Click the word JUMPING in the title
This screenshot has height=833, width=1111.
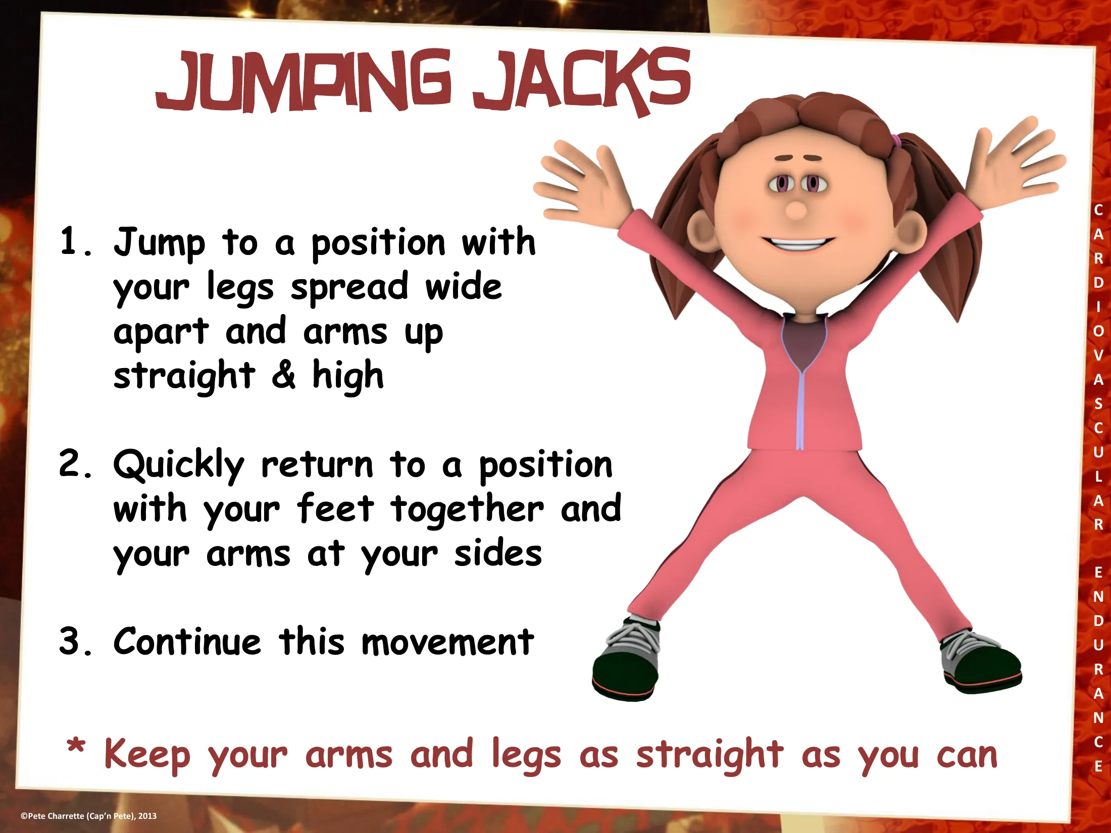tap(304, 81)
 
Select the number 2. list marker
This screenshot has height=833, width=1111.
tap(76, 463)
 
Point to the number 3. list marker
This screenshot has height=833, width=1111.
tap(76, 641)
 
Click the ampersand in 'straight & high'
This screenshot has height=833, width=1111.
tap(284, 375)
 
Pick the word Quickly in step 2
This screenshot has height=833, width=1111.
tap(179, 465)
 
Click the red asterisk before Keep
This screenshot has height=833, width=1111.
tap(76, 746)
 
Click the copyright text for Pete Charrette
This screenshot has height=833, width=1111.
tap(88, 816)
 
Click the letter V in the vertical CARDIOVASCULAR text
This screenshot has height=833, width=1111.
tap(1098, 355)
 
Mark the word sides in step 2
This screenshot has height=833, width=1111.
tap(498, 554)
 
